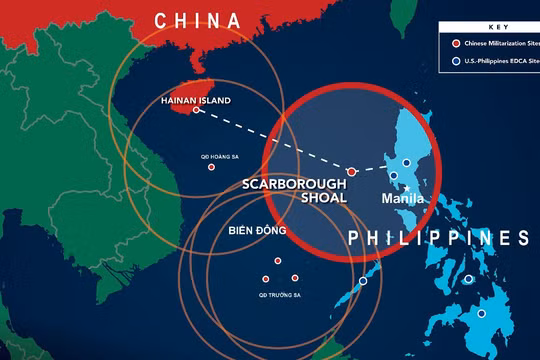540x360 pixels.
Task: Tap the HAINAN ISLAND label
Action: [x=195, y=100]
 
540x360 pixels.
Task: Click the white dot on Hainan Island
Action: [x=197, y=110]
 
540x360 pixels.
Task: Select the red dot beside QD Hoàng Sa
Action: [x=211, y=167]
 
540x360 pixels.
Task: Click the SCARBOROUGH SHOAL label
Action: [x=294, y=191]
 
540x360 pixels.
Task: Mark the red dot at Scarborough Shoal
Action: [x=351, y=172]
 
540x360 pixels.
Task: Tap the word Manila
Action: [x=405, y=200]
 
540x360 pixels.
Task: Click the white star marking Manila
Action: [x=408, y=188]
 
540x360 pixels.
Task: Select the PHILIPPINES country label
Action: [x=438, y=238]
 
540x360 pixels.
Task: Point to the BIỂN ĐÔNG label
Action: [x=257, y=231]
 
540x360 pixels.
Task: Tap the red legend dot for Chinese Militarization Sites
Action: [x=456, y=44]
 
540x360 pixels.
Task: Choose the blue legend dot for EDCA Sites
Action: [x=456, y=62]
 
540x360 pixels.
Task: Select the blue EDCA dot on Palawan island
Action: [x=363, y=281]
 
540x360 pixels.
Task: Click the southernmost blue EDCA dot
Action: [x=481, y=313]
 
